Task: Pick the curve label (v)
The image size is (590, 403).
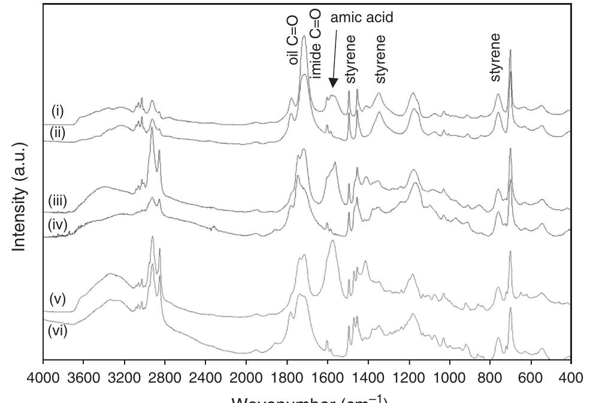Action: (x=58, y=298)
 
